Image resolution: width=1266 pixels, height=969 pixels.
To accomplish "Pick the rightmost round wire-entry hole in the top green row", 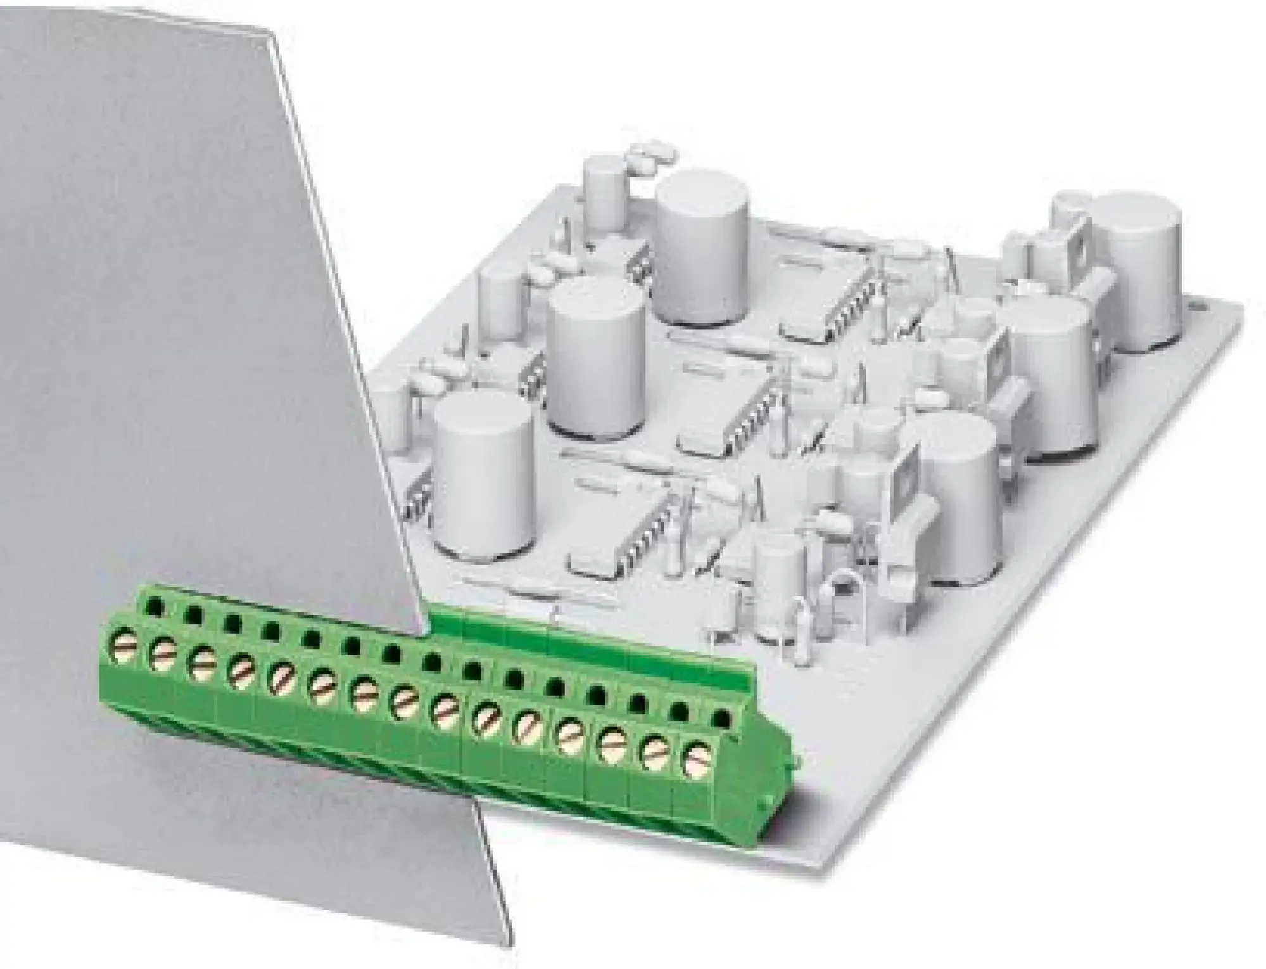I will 719,717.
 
